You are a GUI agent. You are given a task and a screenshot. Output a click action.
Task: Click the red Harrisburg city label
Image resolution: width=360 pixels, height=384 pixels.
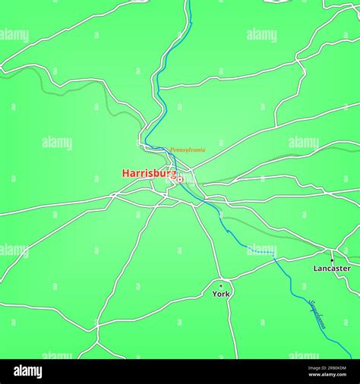149,174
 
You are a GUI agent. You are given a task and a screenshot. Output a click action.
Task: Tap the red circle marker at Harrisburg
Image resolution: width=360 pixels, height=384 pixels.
180,179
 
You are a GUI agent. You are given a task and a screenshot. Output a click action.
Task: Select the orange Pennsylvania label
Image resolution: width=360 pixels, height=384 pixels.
188,150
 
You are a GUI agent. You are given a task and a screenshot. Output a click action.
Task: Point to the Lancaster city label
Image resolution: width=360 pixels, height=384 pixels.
332,269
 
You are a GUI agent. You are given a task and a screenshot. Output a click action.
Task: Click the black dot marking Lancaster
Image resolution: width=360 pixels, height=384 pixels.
332,260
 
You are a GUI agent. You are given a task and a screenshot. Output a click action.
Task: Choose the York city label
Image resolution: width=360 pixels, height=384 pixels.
221,294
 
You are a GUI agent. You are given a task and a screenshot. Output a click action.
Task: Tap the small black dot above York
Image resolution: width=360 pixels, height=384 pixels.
221,285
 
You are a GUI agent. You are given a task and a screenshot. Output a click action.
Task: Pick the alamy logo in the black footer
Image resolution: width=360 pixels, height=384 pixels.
28,371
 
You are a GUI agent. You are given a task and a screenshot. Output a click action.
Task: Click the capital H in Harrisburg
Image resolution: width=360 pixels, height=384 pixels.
125,174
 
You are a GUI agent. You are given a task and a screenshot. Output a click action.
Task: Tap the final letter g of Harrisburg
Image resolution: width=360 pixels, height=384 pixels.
173,175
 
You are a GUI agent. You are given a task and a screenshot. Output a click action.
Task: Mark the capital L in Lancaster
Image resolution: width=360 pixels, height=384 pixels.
316,269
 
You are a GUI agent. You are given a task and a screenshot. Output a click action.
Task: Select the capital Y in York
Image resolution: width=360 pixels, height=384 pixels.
215,294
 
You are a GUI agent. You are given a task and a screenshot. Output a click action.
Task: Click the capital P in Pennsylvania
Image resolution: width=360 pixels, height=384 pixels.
172,150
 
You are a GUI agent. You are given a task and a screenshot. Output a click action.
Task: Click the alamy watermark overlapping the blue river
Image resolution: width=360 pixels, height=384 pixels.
261,250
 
